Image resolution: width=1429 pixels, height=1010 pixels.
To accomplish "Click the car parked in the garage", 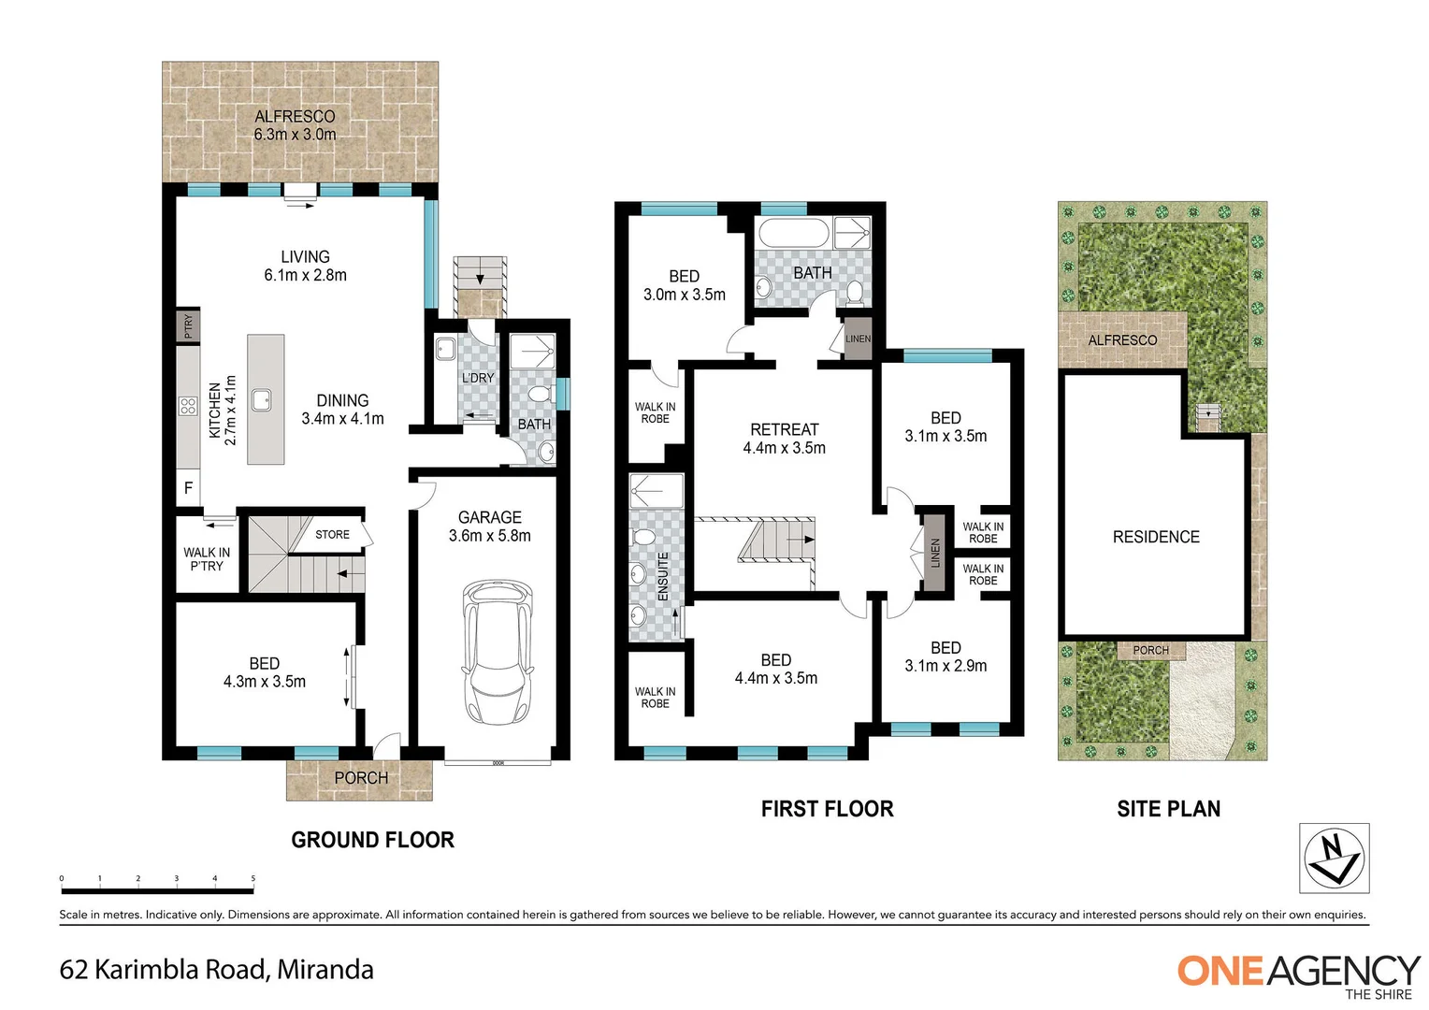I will pyautogui.click(x=497, y=652).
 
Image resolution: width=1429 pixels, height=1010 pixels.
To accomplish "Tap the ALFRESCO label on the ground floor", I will pyautogui.click(x=295, y=117).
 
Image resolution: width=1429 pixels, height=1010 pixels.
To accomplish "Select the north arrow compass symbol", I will pyautogui.click(x=1335, y=858).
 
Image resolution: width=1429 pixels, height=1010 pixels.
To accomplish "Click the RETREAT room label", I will pyautogui.click(x=784, y=430).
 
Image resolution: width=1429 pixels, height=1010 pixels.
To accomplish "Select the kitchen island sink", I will pyautogui.click(x=266, y=400).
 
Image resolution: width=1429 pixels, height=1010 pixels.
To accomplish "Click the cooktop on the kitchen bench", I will pyautogui.click(x=188, y=406).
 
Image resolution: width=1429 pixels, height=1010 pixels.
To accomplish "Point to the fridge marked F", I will pyautogui.click(x=189, y=488).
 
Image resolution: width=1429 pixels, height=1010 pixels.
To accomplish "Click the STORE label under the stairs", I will pyautogui.click(x=332, y=535).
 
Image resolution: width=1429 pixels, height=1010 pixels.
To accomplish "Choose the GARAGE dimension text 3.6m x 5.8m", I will pyautogui.click(x=489, y=536).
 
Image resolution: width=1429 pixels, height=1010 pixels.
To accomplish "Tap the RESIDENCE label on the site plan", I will pyautogui.click(x=1156, y=537).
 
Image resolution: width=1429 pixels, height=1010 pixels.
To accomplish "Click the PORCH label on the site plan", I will pyautogui.click(x=1150, y=650).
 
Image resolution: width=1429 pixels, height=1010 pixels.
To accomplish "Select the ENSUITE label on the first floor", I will pyautogui.click(x=663, y=576).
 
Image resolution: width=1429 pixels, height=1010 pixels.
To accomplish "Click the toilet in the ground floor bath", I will pyautogui.click(x=540, y=396).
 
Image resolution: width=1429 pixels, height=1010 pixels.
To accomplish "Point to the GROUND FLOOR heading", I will pyautogui.click(x=372, y=840).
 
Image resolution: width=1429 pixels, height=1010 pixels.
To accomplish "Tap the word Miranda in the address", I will pyautogui.click(x=325, y=970).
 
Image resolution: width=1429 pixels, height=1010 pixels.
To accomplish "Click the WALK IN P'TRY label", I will pyautogui.click(x=207, y=559).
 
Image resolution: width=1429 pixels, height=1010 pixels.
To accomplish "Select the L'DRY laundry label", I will pyautogui.click(x=478, y=378).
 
